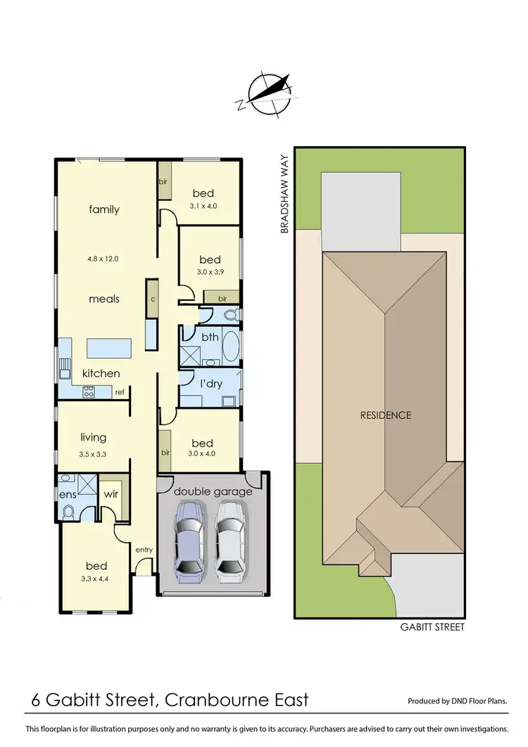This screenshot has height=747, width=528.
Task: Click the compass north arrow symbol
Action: coord(265,92)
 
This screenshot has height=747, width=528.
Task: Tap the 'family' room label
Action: coord(104,209)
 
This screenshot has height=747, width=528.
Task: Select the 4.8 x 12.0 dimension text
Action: coord(103,259)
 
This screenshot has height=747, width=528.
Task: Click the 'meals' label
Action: coord(104,299)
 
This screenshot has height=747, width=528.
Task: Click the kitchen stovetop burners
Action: coord(89,391)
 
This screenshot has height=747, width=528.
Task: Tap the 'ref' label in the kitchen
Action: coord(120,393)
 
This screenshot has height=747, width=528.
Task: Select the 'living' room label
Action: coord(94,438)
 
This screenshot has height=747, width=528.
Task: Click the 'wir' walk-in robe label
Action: coord(111,494)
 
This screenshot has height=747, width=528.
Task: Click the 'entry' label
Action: coord(144,550)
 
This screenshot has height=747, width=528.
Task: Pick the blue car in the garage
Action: coord(189,541)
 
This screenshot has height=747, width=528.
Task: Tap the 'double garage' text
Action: coord(213,491)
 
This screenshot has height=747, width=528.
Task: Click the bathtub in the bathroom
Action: coord(230,347)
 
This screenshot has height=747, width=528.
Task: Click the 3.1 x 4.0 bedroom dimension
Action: coord(204,206)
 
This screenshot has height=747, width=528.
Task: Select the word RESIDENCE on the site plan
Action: coord(386,415)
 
